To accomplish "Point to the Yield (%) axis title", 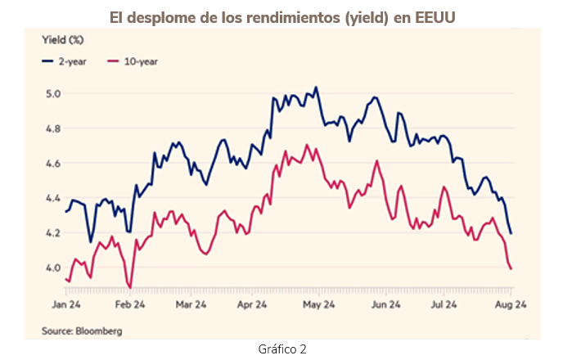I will pos(63,39).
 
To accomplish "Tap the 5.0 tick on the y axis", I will pos(52,93).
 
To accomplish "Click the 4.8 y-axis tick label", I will pos(52,128).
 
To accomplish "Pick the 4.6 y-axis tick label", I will pos(52,164).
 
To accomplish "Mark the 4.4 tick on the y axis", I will pos(52,198).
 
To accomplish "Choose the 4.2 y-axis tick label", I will pos(52,233).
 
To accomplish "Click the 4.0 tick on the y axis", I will pos(52,268).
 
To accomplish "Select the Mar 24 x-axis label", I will pos(190,305).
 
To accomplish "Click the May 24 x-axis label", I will pos(318,305).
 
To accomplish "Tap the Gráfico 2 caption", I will pos(281,349).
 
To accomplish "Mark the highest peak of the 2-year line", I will pos(316,88).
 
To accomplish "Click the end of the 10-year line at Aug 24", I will pos(511,268).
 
